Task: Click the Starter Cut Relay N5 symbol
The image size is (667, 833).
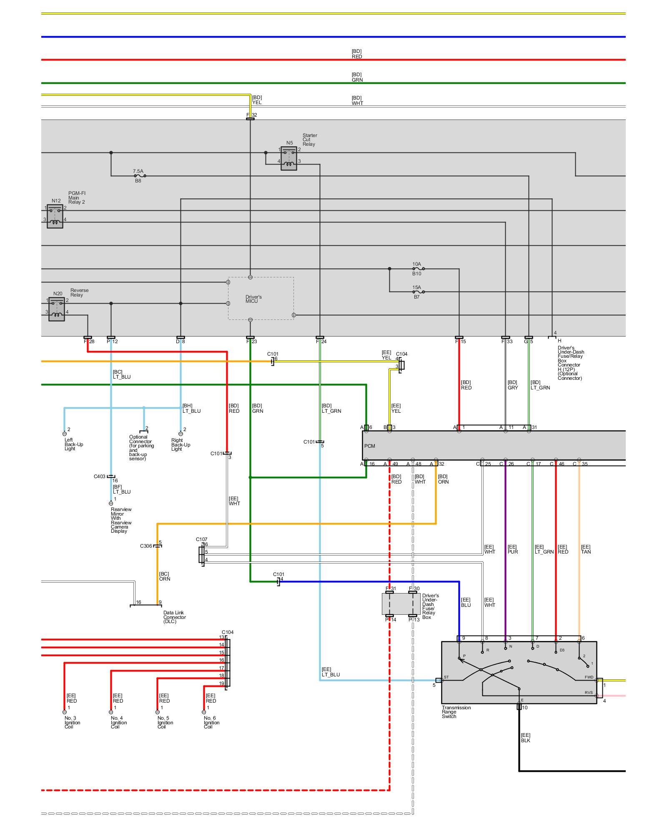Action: pos(289,158)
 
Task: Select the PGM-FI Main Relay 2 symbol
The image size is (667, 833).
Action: pos(55,216)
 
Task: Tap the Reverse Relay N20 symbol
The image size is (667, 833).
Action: pos(57,309)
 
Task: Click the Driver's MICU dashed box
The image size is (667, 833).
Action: pos(261,299)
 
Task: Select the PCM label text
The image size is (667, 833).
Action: pos(370,446)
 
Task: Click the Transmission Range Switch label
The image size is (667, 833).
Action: pos(456,712)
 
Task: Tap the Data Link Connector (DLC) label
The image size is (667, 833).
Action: pos(174,617)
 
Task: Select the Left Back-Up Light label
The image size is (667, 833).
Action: pos(74,444)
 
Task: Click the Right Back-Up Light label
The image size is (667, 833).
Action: pos(181,444)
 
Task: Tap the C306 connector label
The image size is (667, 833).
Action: pos(146,546)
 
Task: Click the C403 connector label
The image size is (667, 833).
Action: pos(100,476)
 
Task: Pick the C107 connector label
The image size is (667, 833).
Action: pos(202,539)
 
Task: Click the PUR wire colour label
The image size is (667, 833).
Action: pos(513,552)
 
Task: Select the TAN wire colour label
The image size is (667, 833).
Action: pos(586,552)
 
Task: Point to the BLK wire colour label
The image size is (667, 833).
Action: pos(526,740)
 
